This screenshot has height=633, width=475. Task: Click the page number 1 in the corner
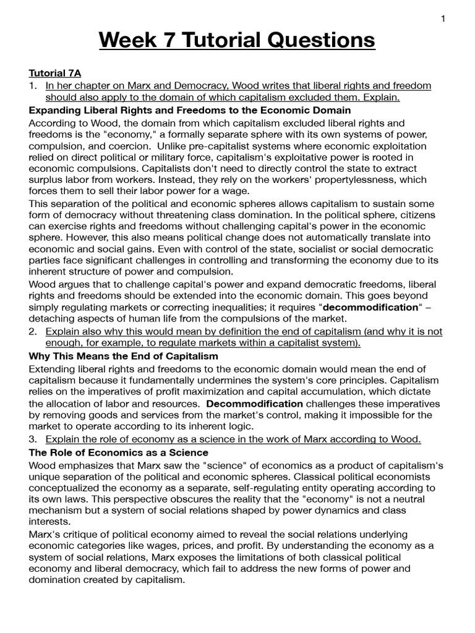point(443,19)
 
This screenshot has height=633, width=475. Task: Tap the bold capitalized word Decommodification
point(255,404)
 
